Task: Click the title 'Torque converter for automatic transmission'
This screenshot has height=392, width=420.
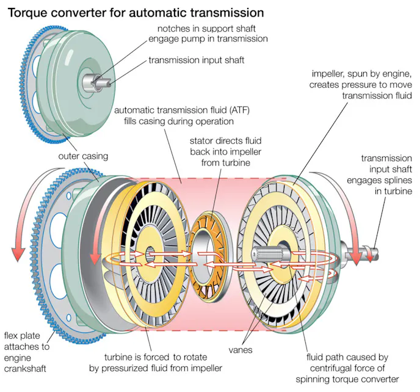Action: (136, 11)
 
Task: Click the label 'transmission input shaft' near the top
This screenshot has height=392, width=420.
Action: (196, 60)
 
